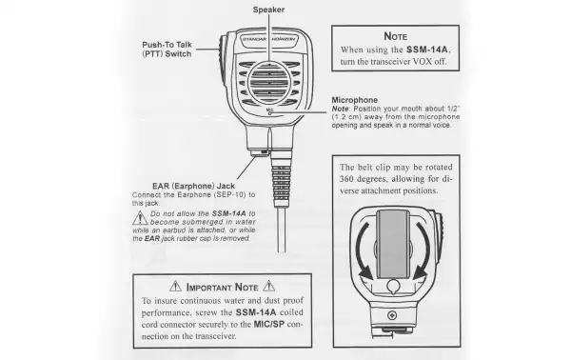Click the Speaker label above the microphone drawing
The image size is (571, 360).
[270, 10]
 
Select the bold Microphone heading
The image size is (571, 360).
[356, 99]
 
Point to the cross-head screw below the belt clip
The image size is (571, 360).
[393, 315]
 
